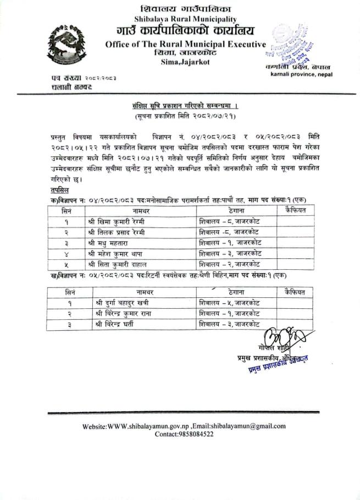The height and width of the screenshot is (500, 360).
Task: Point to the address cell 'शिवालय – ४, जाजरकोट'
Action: coord(230,303)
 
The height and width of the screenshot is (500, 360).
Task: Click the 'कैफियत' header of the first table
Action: coord(298,209)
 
